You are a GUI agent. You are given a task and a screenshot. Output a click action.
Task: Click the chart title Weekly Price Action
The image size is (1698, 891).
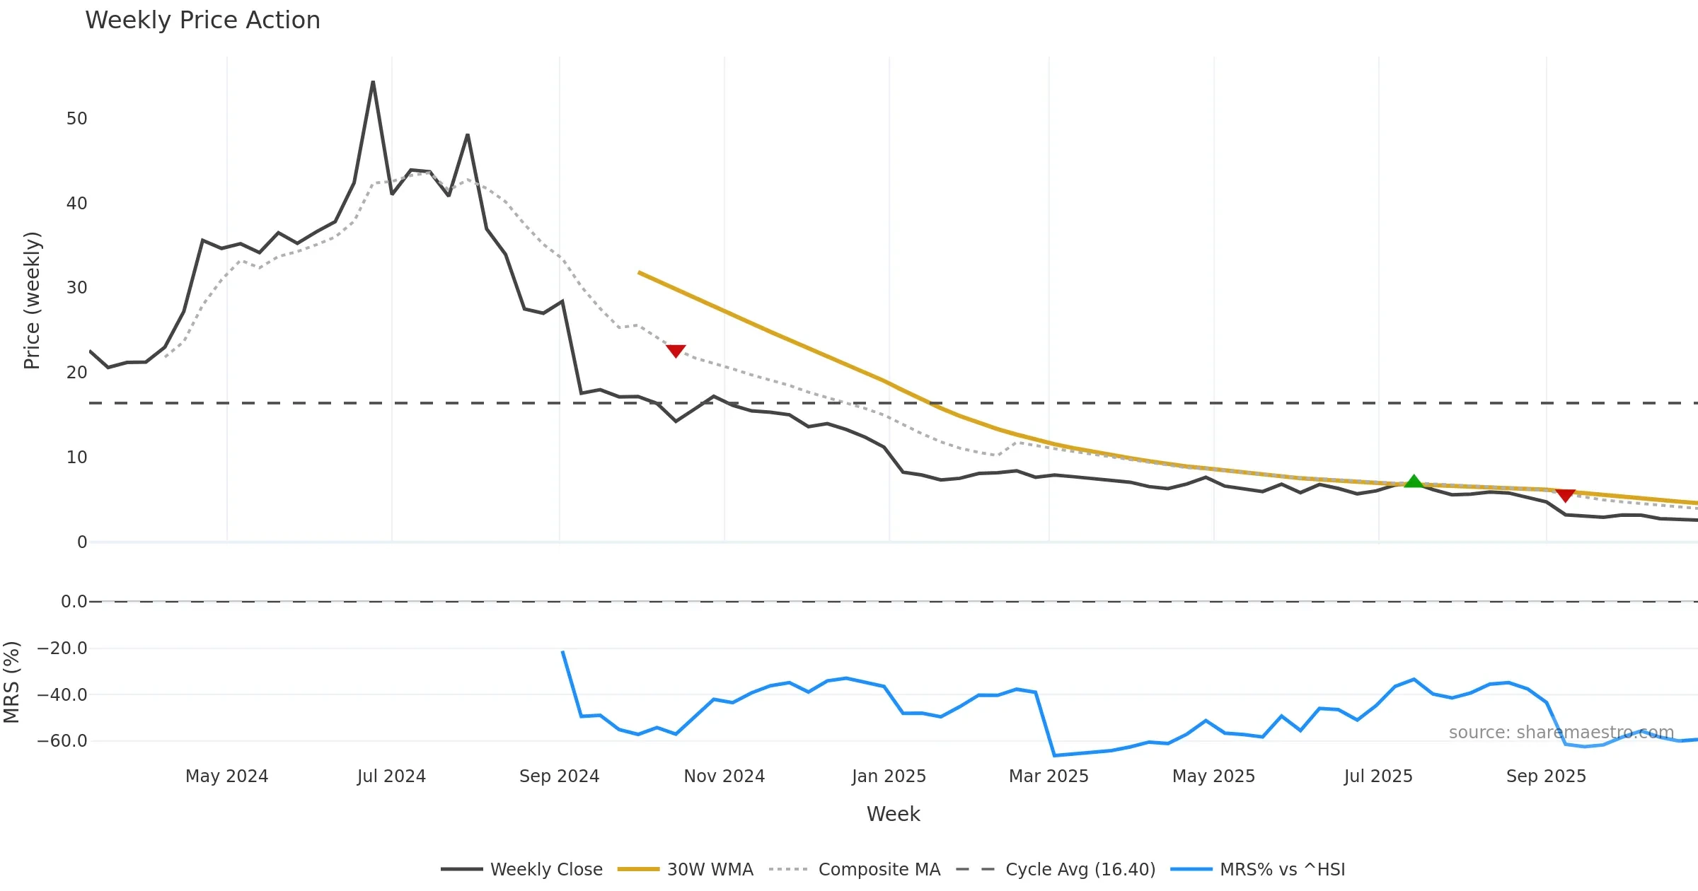pos(202,21)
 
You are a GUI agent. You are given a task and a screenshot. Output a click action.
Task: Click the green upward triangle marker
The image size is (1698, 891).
pos(1414,482)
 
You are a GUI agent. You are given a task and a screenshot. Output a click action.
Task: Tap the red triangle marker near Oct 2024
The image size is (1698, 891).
pos(676,351)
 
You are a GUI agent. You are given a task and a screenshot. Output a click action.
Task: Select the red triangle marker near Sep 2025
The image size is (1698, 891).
pos(1566,495)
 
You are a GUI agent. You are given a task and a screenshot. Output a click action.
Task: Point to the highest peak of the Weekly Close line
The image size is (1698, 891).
pos(373,82)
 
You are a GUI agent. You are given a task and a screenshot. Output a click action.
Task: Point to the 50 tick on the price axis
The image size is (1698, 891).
pos(76,119)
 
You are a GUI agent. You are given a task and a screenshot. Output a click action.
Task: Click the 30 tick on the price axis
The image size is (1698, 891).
pos(76,288)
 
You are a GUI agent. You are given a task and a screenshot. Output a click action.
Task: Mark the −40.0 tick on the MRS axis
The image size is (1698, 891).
pos(62,695)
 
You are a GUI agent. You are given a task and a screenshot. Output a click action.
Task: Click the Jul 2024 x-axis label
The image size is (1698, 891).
pos(391,776)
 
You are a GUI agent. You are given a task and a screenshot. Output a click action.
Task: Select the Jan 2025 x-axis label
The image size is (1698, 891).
pos(889,776)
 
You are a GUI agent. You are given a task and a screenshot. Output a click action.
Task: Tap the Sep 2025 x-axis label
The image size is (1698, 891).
pos(1546,776)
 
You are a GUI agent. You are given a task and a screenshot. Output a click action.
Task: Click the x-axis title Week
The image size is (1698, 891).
pos(893,815)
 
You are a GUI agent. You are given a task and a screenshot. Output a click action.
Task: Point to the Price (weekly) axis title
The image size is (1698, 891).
pos(32,301)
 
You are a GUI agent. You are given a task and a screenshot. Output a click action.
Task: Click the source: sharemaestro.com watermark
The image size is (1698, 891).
pos(1561,733)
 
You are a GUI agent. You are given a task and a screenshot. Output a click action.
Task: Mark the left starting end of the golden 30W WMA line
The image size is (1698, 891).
pos(639,272)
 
